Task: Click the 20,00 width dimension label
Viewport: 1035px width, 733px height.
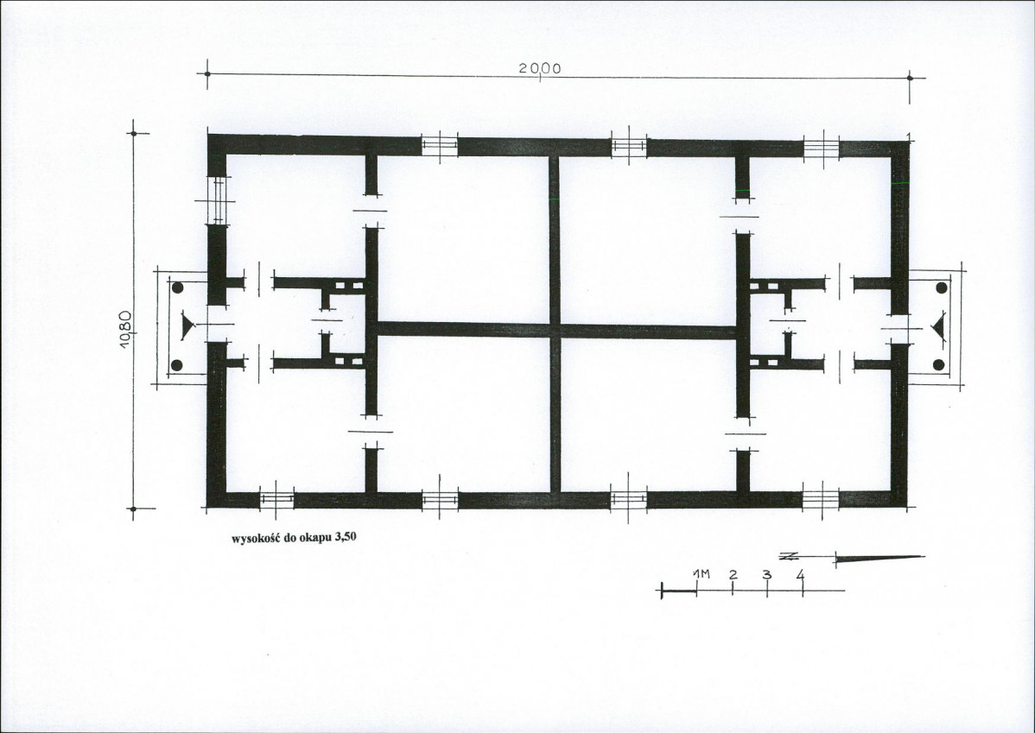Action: [540, 68]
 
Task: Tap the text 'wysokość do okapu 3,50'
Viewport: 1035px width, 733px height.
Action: [294, 538]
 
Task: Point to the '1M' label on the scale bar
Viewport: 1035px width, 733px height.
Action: [701, 574]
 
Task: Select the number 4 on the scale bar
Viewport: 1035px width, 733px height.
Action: [801, 575]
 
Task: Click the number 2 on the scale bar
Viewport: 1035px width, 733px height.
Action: [733, 574]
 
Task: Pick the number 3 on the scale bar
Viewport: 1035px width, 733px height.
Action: [766, 574]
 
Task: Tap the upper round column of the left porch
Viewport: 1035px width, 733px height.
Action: [178, 288]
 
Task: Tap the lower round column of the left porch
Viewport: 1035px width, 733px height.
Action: [177, 365]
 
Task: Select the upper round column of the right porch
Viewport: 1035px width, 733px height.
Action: [942, 288]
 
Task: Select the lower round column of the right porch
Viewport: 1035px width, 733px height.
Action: [938, 364]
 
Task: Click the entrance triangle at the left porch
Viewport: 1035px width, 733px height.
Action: [188, 326]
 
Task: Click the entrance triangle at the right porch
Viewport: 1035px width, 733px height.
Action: [938, 329]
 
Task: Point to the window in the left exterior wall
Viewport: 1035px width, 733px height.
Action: [217, 200]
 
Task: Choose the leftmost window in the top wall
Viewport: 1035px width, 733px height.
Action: [440, 146]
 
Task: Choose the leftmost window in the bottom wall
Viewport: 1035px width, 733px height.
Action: [276, 499]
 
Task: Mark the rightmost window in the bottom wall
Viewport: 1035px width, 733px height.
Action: [821, 499]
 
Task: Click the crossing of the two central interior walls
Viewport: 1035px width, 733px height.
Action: [556, 330]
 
